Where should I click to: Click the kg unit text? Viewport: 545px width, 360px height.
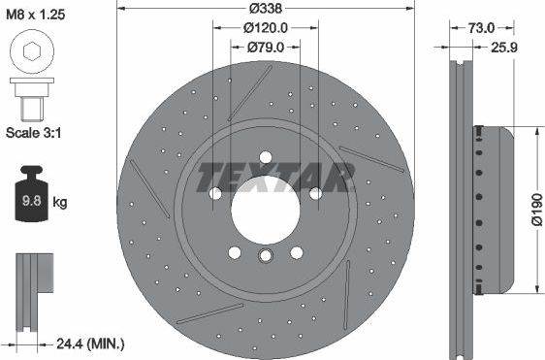pos(60,203)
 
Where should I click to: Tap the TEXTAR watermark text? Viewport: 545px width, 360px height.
pos(275,177)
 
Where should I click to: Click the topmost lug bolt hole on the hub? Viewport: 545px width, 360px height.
pos(265,157)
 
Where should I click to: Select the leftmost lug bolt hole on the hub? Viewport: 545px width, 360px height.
pos(215,192)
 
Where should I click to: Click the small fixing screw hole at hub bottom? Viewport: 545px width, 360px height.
pos(265,257)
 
